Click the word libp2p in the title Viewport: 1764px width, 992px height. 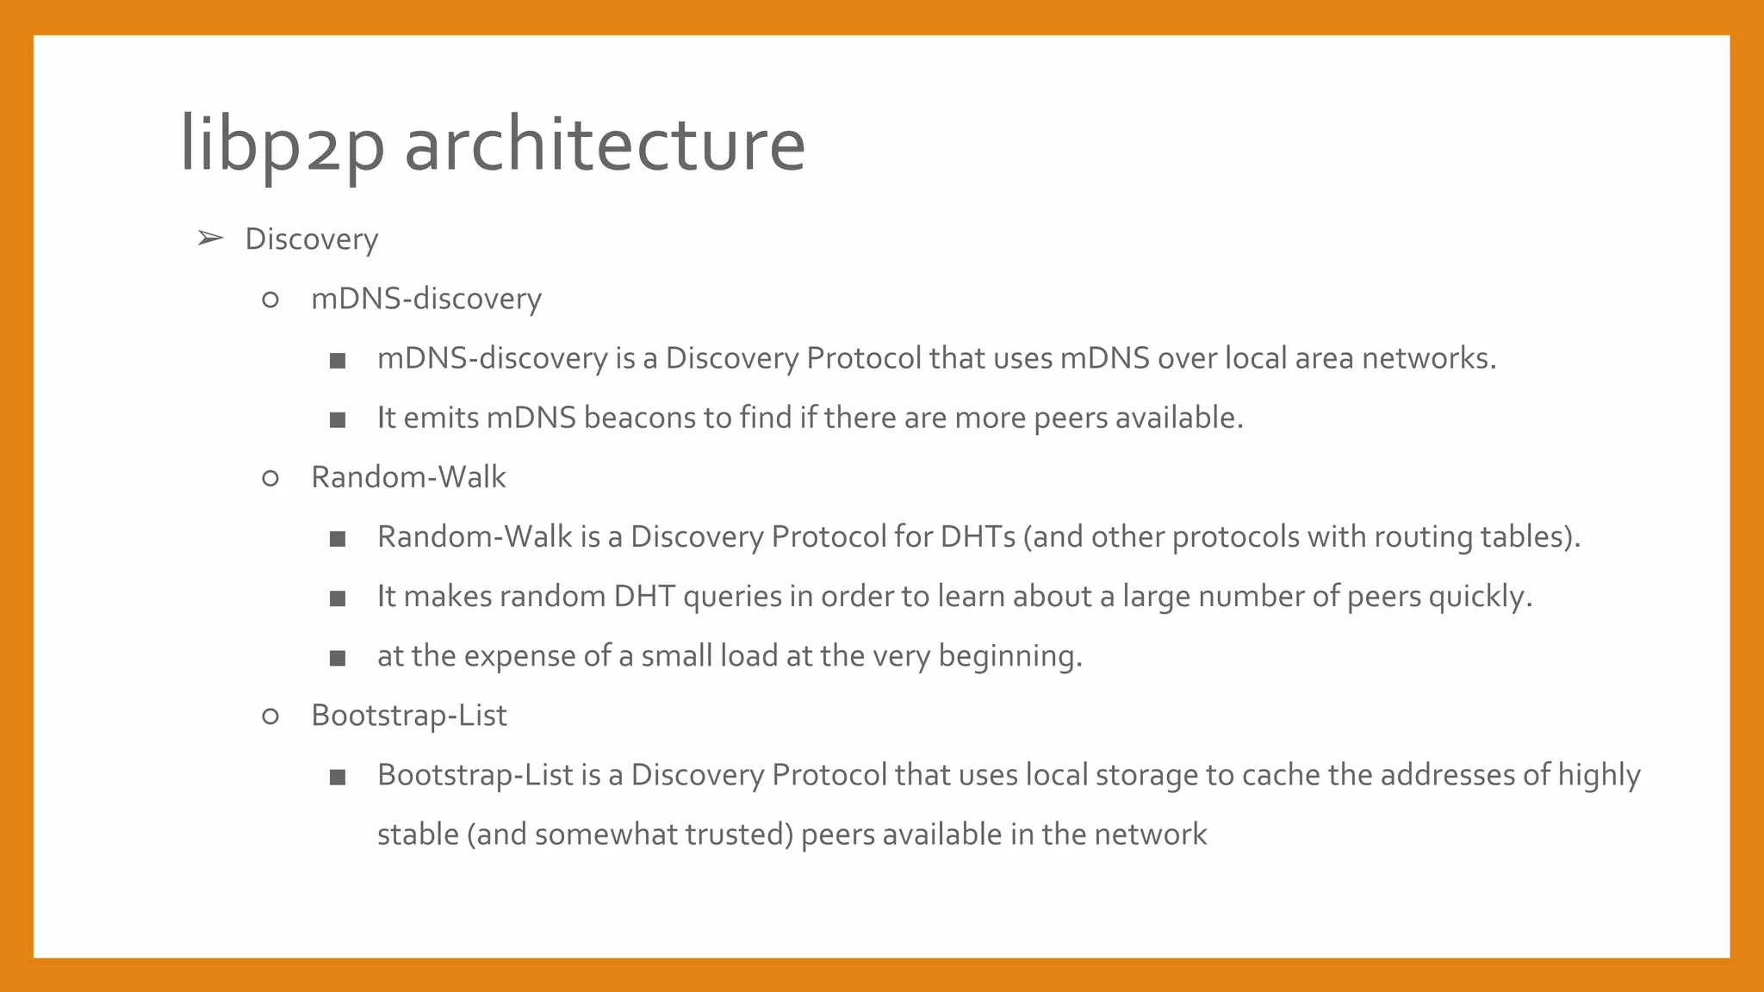pos(282,145)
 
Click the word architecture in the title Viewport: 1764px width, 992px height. pos(605,145)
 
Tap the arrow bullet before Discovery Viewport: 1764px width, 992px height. pos(210,238)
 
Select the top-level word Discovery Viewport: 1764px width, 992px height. pos(311,239)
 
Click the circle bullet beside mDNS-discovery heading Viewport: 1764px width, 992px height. pos(270,300)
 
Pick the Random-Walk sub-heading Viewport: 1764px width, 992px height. pos(408,477)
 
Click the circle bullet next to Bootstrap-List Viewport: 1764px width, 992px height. pos(270,716)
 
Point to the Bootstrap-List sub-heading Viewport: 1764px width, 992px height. pos(408,716)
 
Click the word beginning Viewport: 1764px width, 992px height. pos(1009,657)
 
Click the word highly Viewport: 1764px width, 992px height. pos(1599,775)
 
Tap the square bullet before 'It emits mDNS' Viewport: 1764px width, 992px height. pos(338,420)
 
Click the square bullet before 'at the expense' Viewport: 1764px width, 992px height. pos(338,659)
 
